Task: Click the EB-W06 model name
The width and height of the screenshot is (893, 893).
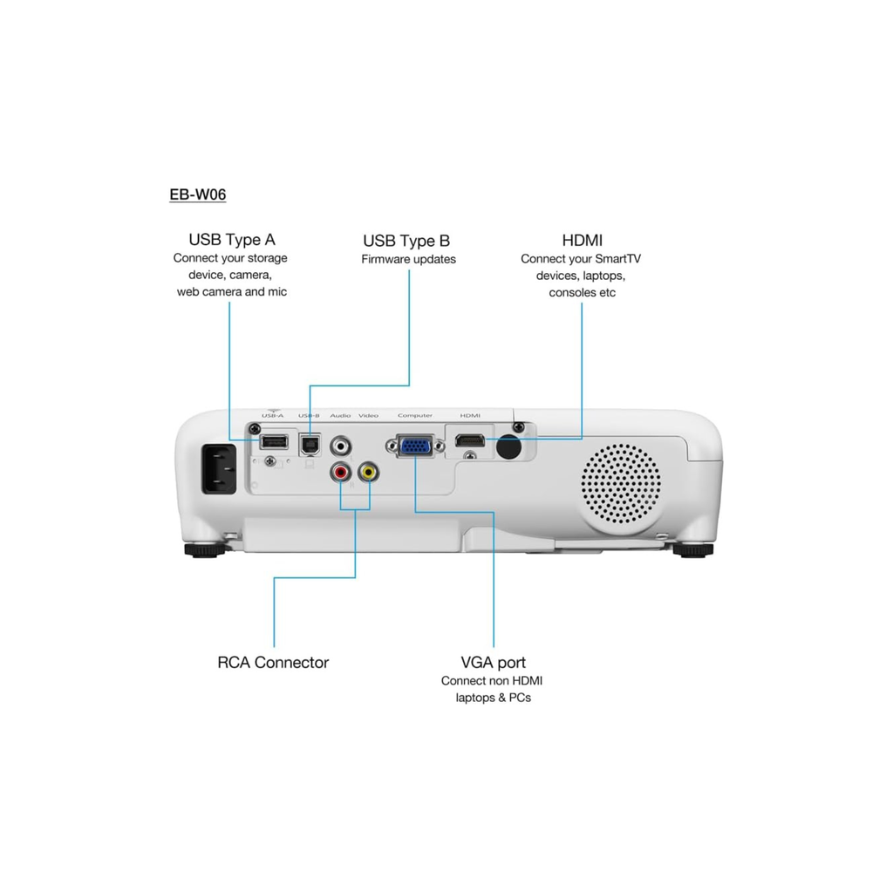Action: [x=198, y=194]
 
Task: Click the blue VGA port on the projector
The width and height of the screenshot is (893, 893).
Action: [x=416, y=446]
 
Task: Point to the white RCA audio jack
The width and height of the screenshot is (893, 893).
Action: [x=339, y=446]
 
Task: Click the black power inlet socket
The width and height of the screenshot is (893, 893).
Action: [x=219, y=470]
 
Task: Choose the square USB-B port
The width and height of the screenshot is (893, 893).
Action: [x=310, y=444]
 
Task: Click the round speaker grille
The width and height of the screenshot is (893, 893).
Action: [x=621, y=484]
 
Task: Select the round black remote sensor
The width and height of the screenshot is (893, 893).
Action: [x=508, y=446]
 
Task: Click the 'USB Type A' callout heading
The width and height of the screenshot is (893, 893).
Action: [x=232, y=239]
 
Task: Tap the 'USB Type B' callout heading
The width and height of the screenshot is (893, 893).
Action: [x=406, y=241]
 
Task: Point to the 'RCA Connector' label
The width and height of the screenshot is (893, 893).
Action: [x=273, y=663]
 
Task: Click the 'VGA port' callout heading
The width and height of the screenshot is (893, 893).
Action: [x=494, y=663]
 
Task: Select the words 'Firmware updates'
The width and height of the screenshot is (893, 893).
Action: [x=408, y=259]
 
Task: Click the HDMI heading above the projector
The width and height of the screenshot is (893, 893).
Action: [x=583, y=240]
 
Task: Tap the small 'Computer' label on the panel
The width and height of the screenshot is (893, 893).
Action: [x=415, y=416]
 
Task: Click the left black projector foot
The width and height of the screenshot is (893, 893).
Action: [x=204, y=550]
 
